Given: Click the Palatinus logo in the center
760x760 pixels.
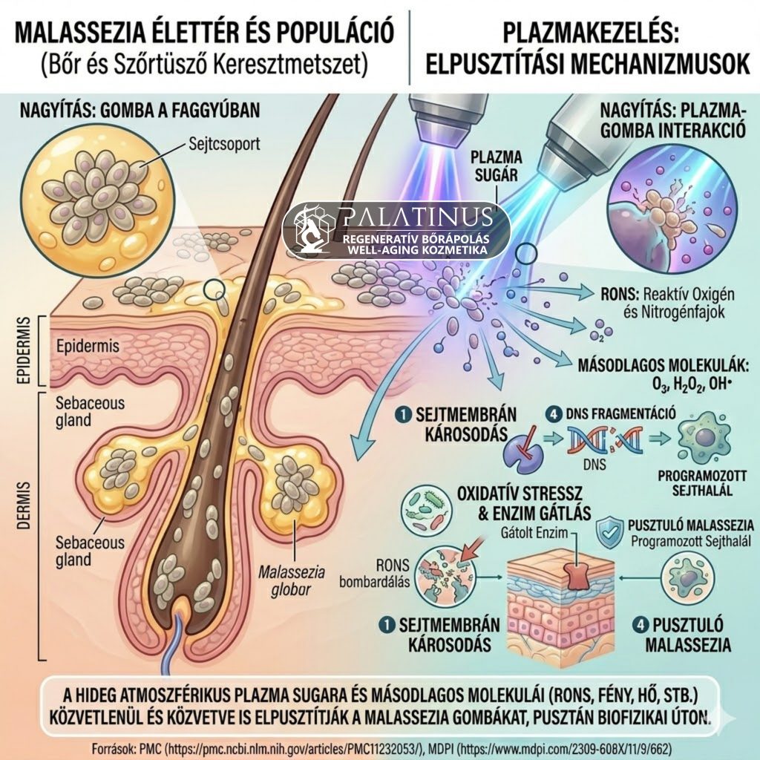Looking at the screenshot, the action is pos(396,230).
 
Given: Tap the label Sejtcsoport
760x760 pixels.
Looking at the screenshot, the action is pos(224,144).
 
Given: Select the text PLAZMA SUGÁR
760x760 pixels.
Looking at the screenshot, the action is pos(496,166).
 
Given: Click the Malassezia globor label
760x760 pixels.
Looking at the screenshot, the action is pos(291,581).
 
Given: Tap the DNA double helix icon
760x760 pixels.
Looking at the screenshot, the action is pos(605,440).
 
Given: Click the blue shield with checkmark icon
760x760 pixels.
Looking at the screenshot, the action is pos(610,531).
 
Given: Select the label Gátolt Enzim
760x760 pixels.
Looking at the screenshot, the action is pos(534,533).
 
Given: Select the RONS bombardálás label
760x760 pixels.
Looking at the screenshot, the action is pos(374,573).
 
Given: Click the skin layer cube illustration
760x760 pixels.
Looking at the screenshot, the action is pos(561,601).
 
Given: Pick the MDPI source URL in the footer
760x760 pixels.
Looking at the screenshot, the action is pos(565,748).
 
